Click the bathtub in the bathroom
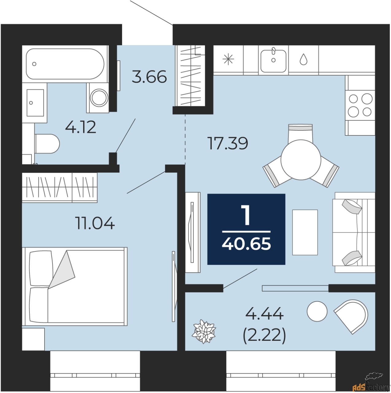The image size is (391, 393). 65,64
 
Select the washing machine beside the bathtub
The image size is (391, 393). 99,98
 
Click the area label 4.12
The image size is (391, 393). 81,127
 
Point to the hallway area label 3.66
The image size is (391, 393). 149,77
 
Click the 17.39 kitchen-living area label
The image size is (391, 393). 228,143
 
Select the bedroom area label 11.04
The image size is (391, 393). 95,223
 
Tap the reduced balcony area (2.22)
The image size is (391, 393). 264,335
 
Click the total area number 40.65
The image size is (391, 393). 246,244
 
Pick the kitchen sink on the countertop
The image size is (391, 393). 273,60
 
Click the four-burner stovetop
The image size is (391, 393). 360,105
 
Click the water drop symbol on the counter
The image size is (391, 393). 303,60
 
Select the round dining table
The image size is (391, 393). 301,160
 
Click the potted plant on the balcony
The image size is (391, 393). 204,331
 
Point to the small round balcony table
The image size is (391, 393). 317,311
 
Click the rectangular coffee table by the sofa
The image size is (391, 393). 305,232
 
